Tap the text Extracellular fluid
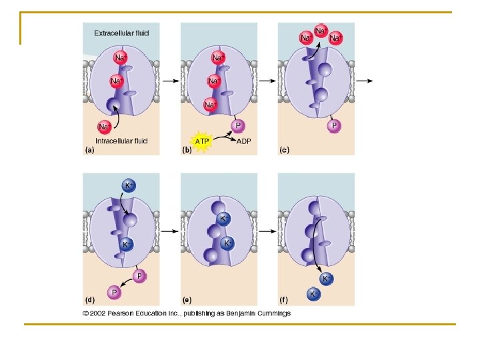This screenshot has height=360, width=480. (121, 33)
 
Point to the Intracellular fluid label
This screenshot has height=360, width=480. (121, 141)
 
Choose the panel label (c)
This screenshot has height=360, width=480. (284, 151)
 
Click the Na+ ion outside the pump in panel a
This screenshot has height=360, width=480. (105, 126)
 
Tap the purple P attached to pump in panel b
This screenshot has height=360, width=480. (237, 125)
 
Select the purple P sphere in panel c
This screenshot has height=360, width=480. (334, 125)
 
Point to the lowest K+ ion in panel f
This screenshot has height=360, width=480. (313, 293)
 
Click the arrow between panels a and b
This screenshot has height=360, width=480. (169, 81)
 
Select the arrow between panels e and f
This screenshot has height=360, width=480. (267, 231)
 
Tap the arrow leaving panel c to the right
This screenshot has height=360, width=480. (364, 81)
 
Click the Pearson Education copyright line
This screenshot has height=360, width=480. (187, 313)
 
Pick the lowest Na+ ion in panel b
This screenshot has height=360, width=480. (210, 105)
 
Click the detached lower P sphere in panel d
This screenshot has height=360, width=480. (115, 292)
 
